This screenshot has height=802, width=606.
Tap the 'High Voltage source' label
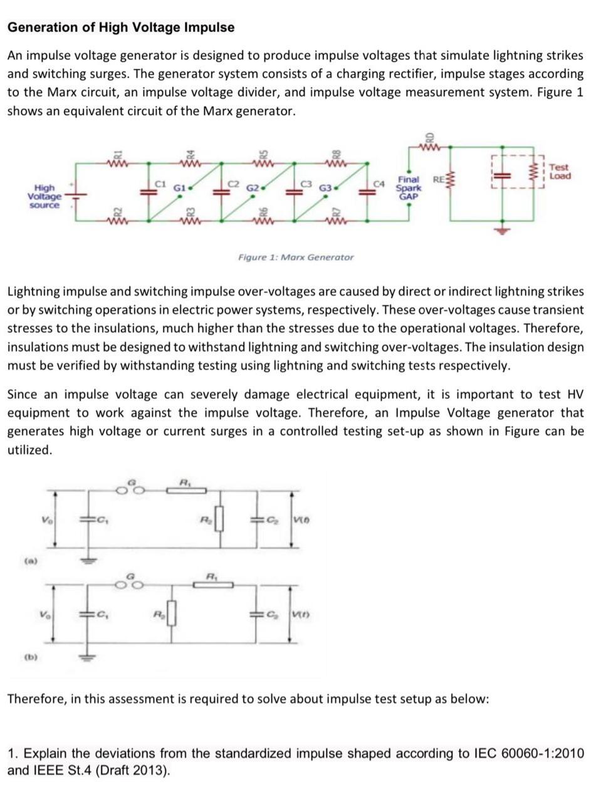tap(44, 196)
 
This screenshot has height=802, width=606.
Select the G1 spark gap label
tap(179, 187)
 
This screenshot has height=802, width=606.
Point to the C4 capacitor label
tap(379, 184)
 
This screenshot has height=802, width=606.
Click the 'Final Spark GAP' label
tap(408, 187)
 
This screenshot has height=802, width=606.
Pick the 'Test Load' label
tap(559, 171)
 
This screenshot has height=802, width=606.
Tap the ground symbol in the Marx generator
tap(501, 229)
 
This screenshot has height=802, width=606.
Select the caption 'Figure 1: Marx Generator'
tap(296, 257)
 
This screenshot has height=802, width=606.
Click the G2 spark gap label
tap(253, 187)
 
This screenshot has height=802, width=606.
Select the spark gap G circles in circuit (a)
tap(130, 491)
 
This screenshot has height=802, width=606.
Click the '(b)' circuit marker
tap(30, 657)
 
